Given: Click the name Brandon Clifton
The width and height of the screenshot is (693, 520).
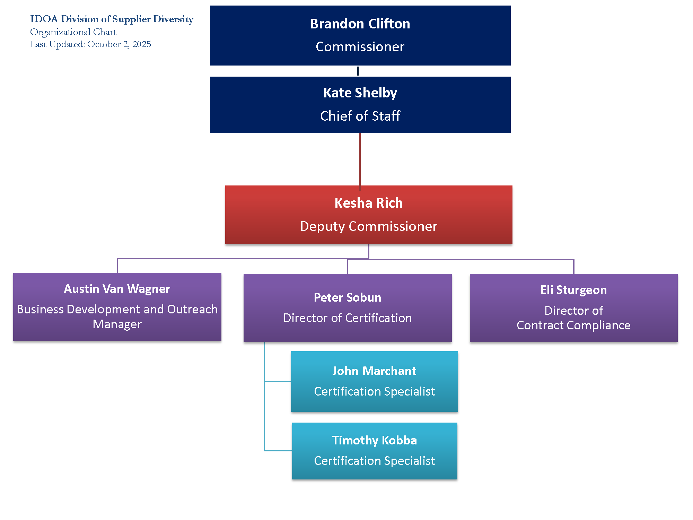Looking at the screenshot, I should [x=360, y=24].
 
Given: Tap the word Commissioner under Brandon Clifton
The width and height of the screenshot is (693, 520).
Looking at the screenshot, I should [x=360, y=47].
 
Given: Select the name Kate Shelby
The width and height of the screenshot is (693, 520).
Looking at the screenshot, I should [x=360, y=93].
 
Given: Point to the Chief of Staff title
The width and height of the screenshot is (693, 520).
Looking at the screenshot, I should [x=360, y=116].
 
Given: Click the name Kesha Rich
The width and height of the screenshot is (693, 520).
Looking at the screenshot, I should [x=368, y=203].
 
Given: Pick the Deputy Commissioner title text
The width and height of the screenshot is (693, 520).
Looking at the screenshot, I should [x=368, y=226].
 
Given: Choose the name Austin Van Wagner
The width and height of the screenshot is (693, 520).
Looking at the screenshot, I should [x=117, y=289].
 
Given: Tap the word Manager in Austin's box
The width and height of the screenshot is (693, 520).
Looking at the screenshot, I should [x=117, y=324].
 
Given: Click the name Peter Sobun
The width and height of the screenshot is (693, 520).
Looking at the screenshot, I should [x=348, y=298].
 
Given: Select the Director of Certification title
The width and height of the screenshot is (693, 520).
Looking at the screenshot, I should [x=348, y=318].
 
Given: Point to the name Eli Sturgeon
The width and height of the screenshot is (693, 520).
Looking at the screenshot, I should [x=573, y=290].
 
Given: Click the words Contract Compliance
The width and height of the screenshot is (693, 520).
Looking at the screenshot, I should [x=573, y=326].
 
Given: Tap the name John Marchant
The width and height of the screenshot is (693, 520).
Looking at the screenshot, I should [x=374, y=371].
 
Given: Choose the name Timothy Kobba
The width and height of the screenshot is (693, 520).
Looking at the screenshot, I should [x=374, y=441].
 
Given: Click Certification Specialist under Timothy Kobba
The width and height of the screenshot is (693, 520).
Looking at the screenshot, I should [x=374, y=461].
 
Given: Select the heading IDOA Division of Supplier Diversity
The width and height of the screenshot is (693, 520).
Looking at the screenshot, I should [x=112, y=19].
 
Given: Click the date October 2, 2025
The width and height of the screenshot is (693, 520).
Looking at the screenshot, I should [x=119, y=44].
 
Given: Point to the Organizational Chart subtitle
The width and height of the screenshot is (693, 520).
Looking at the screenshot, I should [x=73, y=32].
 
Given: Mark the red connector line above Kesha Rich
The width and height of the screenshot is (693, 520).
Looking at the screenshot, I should [x=360, y=159].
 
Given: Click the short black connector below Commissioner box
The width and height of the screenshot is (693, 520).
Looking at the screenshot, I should [x=358, y=71].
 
